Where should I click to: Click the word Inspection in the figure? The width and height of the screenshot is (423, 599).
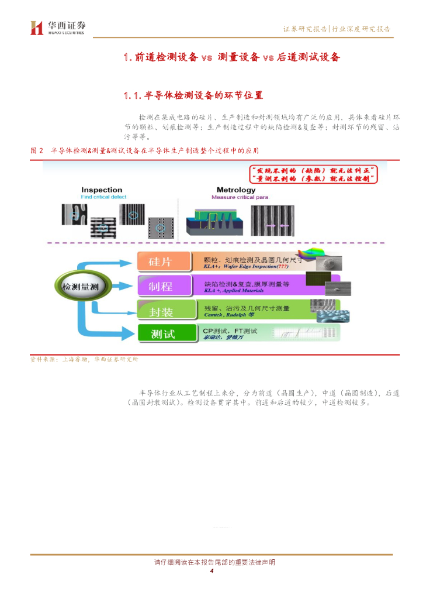pyautogui.click(x=102, y=190)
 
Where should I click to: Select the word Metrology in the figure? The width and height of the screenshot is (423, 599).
pyautogui.click(x=236, y=190)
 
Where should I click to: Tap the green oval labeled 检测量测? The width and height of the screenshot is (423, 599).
pyautogui.click(x=79, y=286)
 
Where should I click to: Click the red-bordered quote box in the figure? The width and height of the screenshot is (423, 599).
pyautogui.click(x=313, y=174)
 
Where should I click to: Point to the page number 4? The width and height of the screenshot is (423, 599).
pyautogui.click(x=212, y=572)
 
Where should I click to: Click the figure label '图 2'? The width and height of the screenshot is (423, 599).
pyautogui.click(x=37, y=151)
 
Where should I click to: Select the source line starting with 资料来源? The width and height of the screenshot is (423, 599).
pyautogui.click(x=84, y=359)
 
